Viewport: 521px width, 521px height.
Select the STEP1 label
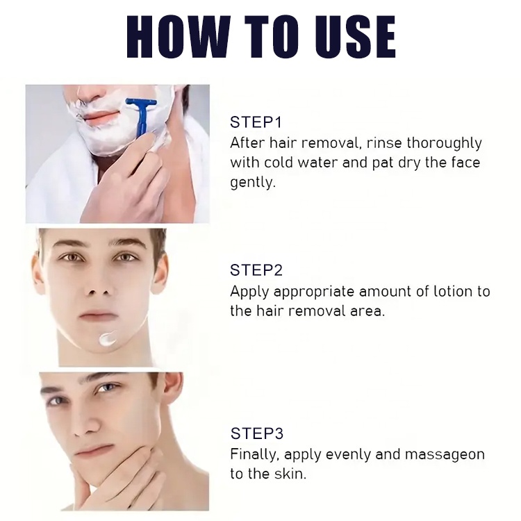pos(256,123)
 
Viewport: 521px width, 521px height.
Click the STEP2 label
pos(256,270)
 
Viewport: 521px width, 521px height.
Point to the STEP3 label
pos(256,433)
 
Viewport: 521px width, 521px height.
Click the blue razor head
pos(141,105)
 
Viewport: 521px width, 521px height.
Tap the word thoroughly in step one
pos(445,143)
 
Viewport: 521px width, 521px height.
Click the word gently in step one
pos(251,183)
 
